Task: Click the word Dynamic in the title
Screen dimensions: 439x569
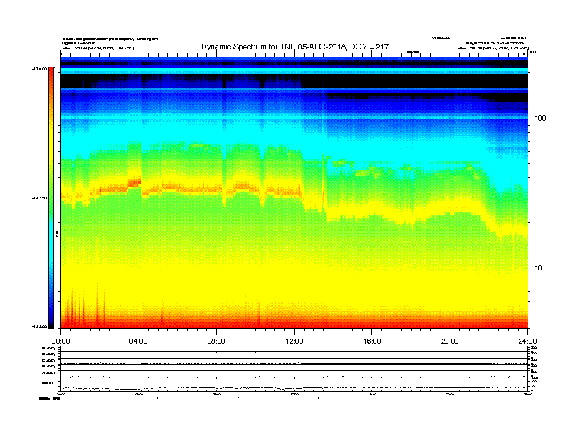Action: click(218, 47)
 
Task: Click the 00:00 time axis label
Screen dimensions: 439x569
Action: click(61, 341)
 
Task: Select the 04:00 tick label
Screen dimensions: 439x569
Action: click(139, 341)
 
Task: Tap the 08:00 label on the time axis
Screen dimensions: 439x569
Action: click(216, 341)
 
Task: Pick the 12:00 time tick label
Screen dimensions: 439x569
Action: click(295, 341)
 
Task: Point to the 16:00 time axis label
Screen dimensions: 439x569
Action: click(372, 341)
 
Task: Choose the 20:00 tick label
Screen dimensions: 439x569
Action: click(450, 341)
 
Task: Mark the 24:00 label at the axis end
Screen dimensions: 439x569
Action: click(527, 341)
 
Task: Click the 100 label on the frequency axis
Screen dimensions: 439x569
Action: click(542, 118)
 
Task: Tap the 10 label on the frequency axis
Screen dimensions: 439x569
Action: click(540, 268)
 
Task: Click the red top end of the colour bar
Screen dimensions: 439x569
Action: click(50, 72)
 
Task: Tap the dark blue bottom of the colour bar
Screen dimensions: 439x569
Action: click(50, 323)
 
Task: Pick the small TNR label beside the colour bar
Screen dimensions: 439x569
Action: click(57, 234)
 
